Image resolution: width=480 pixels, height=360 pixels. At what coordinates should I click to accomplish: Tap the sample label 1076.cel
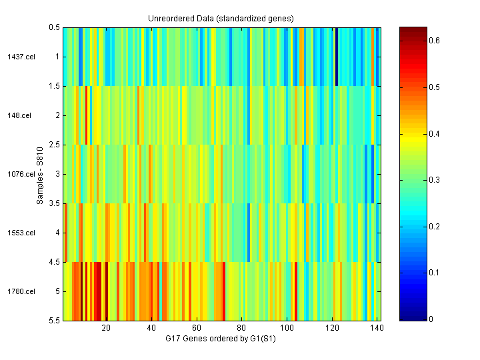[x=20, y=174]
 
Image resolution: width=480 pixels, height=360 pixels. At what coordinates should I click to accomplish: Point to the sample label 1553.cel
[x=20, y=233]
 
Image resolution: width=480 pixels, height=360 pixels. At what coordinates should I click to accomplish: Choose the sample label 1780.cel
[x=20, y=291]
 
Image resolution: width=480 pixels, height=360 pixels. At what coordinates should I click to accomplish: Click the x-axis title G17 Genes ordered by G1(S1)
[x=221, y=339]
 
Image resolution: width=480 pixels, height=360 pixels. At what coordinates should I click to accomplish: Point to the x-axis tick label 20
[x=106, y=329]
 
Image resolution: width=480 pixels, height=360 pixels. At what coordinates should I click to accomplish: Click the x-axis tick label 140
[x=377, y=329]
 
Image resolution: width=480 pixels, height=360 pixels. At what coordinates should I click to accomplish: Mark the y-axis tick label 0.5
[x=55, y=27]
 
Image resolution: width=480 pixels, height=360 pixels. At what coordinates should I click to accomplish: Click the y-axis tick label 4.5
[x=55, y=262]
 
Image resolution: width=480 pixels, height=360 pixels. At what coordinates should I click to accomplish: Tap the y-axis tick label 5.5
[x=55, y=321]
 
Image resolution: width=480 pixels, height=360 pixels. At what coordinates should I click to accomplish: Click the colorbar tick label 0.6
[x=434, y=41]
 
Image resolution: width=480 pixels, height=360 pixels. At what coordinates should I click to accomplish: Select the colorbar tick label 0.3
[x=434, y=180]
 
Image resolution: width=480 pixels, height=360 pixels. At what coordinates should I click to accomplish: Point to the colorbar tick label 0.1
[x=434, y=273]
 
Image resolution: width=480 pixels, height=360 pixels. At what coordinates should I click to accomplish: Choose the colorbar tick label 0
[x=431, y=319]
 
